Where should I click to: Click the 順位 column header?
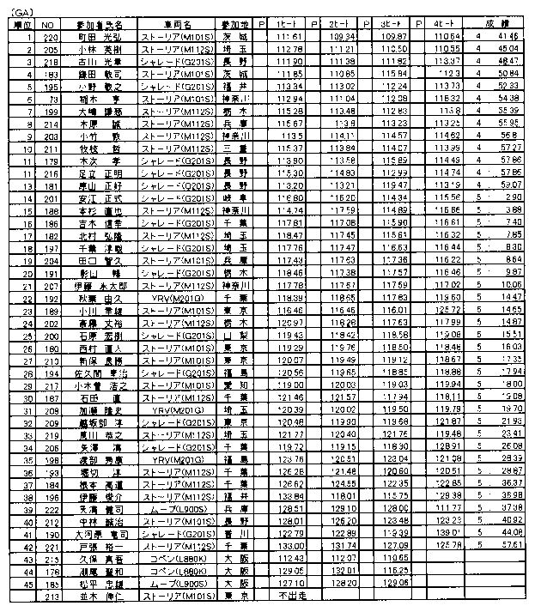click(x=16, y=27)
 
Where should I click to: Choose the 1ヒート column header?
click(x=289, y=27)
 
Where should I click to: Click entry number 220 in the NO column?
click(x=53, y=39)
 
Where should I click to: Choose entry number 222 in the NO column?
click(x=53, y=508)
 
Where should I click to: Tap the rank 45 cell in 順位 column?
click(x=15, y=582)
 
